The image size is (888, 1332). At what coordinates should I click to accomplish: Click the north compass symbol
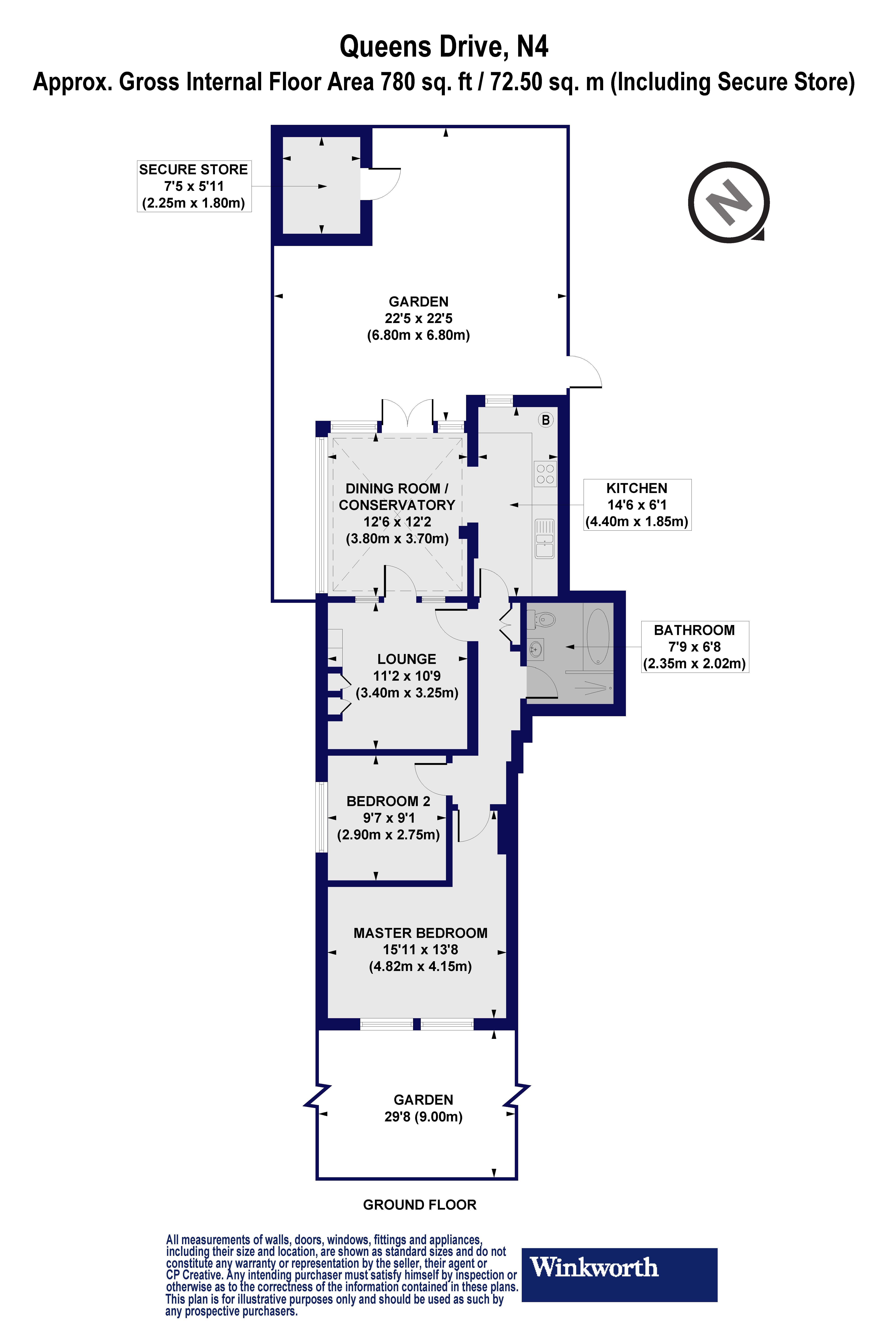728,202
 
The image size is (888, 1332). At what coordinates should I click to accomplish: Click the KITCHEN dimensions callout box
637,505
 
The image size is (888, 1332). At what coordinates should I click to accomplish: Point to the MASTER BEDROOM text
420,933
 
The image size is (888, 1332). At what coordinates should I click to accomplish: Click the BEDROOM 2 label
388,801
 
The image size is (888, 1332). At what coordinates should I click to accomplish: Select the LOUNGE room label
407,659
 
